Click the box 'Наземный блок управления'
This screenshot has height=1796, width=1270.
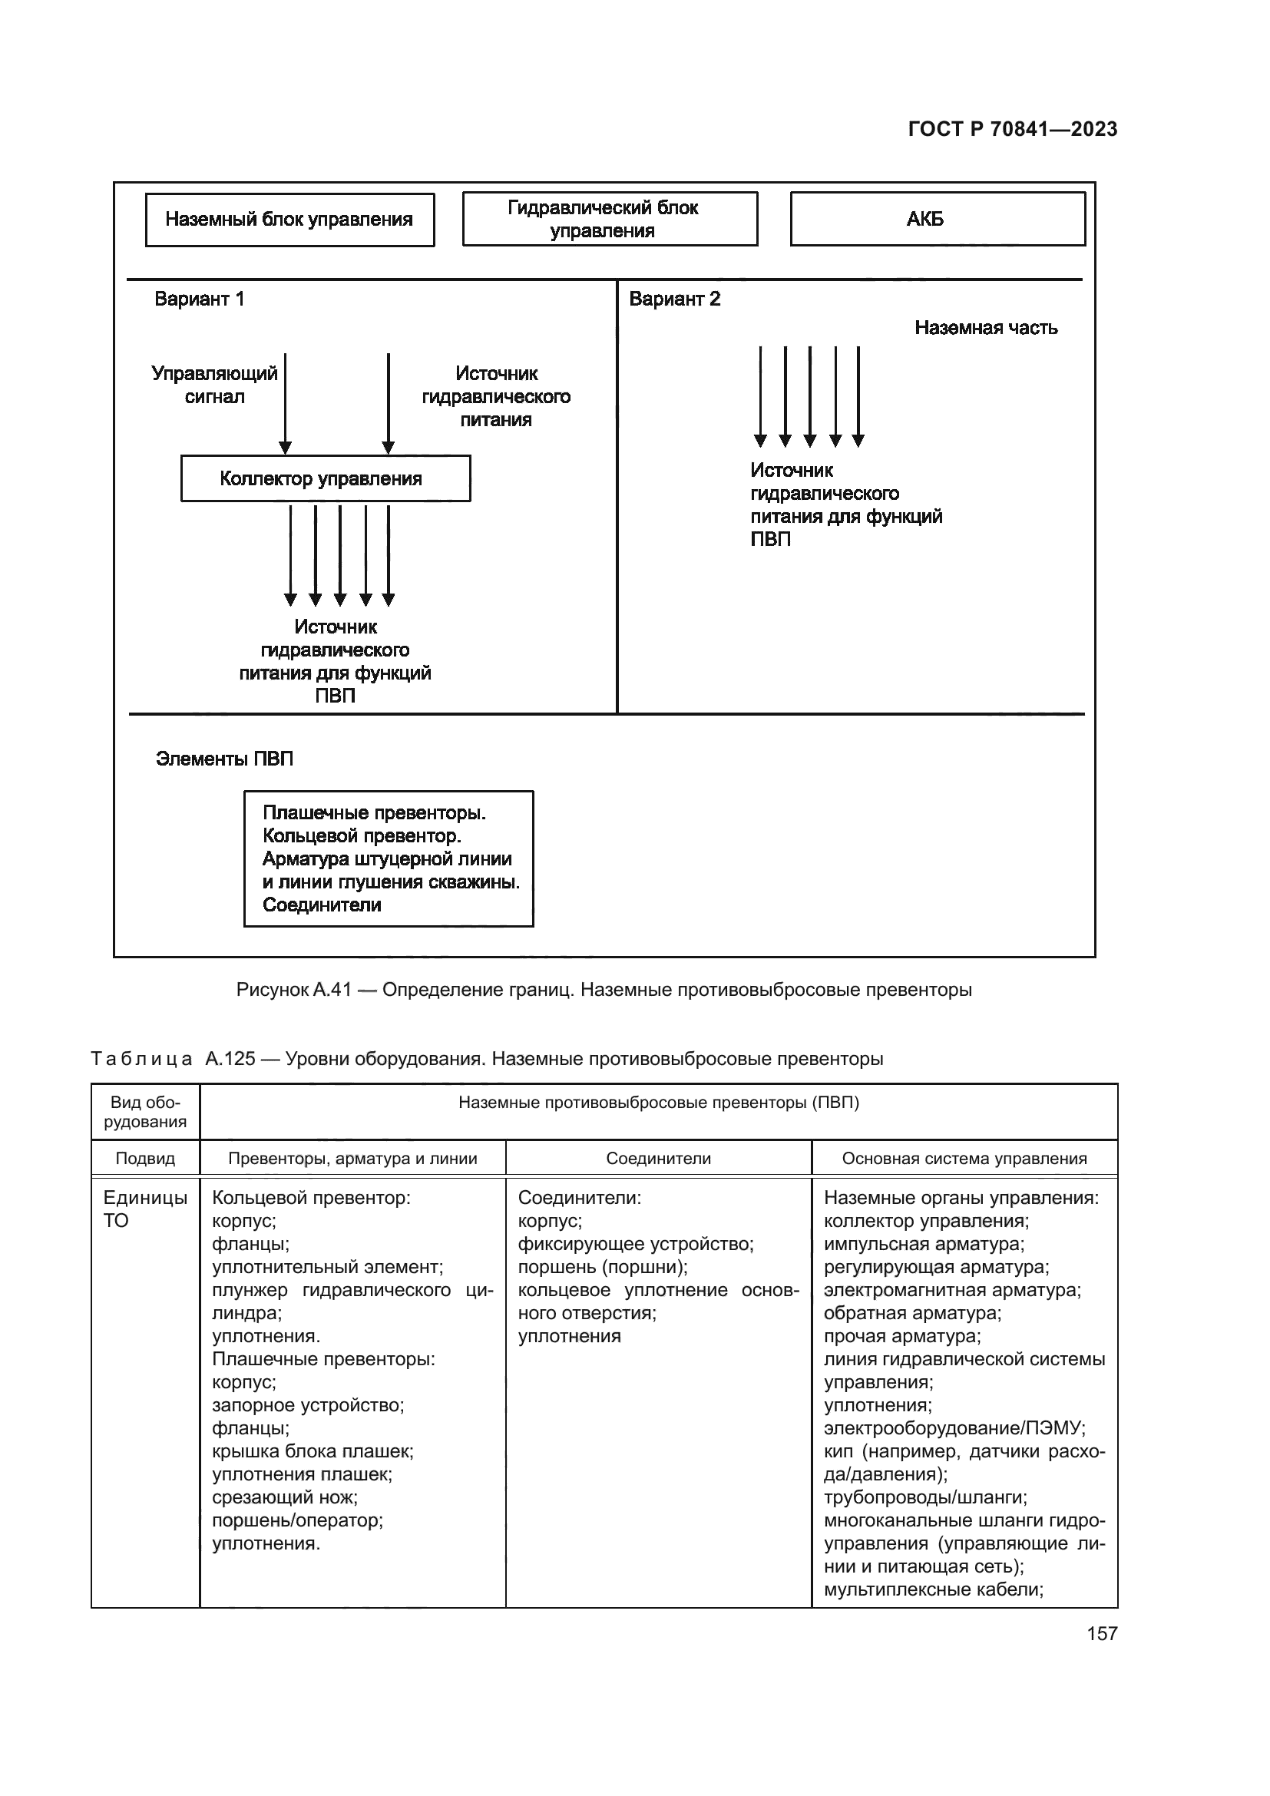[289, 220]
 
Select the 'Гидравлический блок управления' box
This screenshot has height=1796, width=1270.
[609, 219]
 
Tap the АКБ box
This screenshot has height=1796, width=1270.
[937, 219]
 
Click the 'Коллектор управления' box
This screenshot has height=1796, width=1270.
[326, 478]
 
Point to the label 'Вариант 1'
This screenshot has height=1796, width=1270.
[200, 299]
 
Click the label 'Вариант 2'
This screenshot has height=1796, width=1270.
[674, 299]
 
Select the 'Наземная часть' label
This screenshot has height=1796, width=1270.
[985, 328]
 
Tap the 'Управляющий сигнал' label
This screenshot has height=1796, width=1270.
[214, 385]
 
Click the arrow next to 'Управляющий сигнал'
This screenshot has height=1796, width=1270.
[286, 403]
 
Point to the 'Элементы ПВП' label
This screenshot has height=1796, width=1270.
[224, 759]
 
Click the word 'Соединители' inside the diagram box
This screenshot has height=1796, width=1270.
[322, 905]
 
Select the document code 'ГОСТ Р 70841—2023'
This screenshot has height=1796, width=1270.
[1013, 129]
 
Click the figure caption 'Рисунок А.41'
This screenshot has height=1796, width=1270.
[294, 990]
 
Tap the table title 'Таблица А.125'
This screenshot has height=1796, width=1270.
[174, 1059]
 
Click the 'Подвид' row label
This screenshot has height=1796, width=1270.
[145, 1159]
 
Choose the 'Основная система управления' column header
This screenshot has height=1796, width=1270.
[964, 1159]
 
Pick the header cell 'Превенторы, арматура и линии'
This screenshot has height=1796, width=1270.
[352, 1159]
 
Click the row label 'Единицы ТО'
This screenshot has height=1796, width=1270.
[145, 1209]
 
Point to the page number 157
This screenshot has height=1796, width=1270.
[1102, 1633]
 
